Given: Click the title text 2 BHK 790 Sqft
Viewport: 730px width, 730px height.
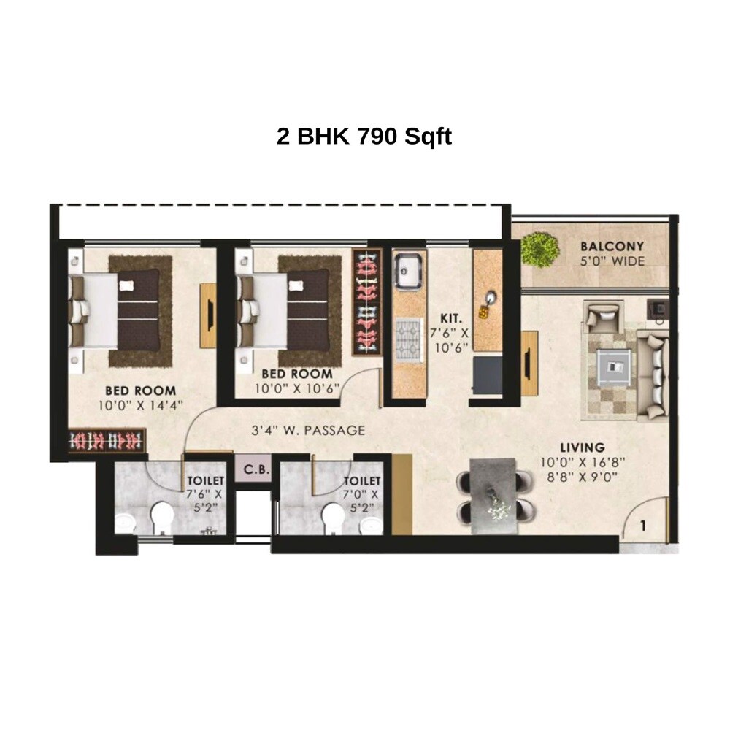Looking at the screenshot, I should pyautogui.click(x=364, y=137).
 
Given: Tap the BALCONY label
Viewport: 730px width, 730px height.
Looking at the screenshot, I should pyautogui.click(x=612, y=246).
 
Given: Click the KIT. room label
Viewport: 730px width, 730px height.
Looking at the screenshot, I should pyautogui.click(x=450, y=320).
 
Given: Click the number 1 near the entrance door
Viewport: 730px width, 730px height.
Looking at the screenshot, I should pyautogui.click(x=644, y=524).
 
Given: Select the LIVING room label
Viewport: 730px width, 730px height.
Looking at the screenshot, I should pyautogui.click(x=582, y=447).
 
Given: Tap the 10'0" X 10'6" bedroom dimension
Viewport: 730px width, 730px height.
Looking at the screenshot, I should pyautogui.click(x=297, y=388).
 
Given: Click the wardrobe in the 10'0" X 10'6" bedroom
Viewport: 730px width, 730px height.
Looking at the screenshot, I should pyautogui.click(x=366, y=301).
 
